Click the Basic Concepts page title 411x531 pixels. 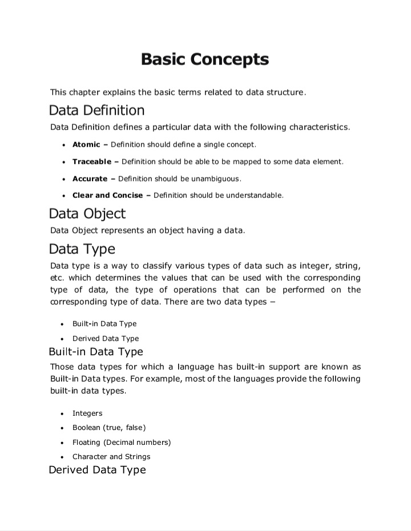(205, 59)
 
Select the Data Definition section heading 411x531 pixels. (96, 110)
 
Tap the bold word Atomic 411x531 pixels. (86, 144)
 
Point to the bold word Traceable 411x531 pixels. (92, 162)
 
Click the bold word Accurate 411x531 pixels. (90, 179)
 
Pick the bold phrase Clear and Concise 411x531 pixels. (107, 195)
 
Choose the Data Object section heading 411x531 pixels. (87, 213)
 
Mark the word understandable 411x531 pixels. (250, 195)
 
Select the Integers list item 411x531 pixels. (87, 413)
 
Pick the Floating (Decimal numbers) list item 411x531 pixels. (121, 442)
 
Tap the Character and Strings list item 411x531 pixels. (111, 456)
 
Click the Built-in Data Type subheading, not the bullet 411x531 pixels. (96, 351)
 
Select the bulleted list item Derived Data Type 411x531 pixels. (106, 338)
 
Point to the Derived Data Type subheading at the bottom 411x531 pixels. (97, 470)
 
